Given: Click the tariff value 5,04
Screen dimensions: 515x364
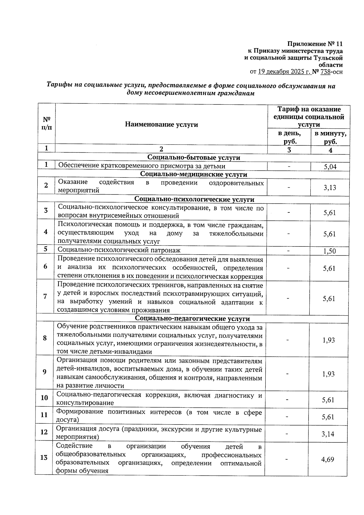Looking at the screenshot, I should coord(330,167).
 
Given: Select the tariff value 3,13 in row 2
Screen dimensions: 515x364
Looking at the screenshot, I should coord(330,188).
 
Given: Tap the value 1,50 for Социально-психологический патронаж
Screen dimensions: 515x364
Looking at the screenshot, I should coord(329,251).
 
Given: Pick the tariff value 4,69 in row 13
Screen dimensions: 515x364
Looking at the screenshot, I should coord(328,459).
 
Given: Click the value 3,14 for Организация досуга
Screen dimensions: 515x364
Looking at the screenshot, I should coord(328,434).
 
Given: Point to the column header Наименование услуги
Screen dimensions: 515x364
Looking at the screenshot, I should coord(161,124).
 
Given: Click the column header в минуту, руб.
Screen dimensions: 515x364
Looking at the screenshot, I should coord(330,137).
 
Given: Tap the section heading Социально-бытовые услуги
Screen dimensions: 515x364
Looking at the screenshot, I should coord(194,158).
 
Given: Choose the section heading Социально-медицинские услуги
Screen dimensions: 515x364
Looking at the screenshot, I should coord(194,174).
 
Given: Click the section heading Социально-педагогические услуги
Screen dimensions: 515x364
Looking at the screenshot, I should coord(192,319).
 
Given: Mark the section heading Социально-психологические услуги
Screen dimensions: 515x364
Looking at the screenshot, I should coord(194,199).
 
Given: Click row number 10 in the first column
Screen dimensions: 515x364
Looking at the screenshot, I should coord(44,398).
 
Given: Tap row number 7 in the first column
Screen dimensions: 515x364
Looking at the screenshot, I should coord(45,296).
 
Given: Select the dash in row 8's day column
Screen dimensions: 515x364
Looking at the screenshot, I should coord(288,340).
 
